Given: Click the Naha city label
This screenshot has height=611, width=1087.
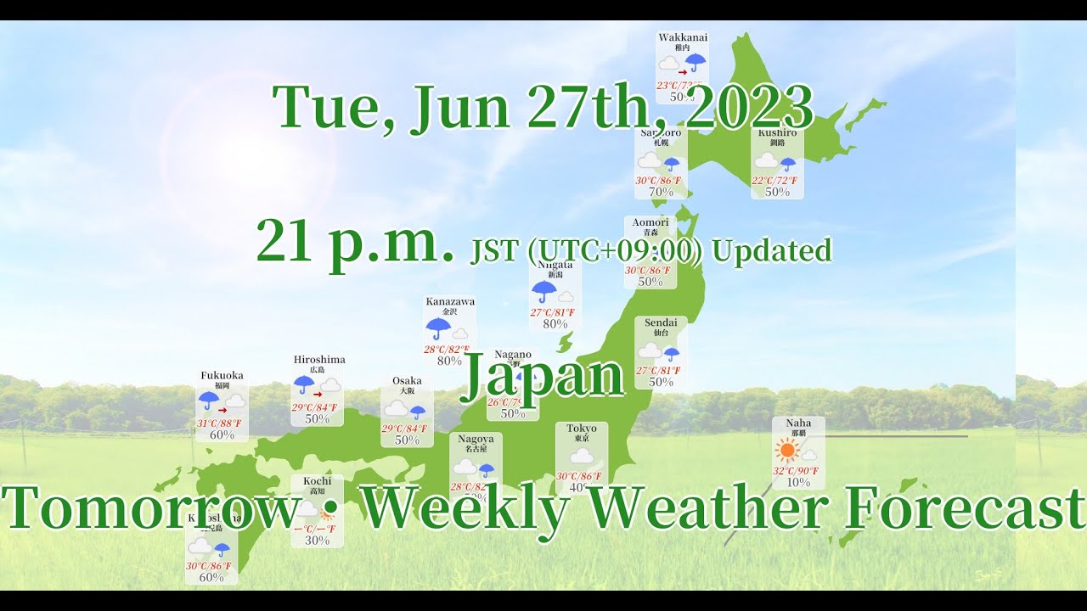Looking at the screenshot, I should coord(798,423).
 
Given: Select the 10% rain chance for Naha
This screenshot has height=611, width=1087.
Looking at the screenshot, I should coord(798,482).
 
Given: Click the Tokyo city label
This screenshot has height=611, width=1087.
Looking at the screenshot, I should coord(582,428).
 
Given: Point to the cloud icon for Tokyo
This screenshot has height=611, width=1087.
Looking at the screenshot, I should coord(582,457).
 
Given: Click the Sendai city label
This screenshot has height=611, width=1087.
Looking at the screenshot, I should coord(661,322).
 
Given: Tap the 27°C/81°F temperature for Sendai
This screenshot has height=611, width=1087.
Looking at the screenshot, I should coord(658,370).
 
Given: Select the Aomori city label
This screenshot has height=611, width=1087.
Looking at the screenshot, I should coord(651,222).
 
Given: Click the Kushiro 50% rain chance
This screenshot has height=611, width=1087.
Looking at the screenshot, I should coord(777,192).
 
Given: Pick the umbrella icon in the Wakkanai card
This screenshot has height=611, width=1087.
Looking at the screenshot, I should coord(696,62).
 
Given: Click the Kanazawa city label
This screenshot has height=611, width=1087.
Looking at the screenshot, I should coord(450,301).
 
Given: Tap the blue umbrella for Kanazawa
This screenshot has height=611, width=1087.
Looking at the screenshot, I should coord(438,328).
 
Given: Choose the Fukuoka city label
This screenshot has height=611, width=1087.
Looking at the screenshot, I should coord(222,375).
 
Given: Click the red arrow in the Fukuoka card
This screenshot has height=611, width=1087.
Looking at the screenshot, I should coord(222,411).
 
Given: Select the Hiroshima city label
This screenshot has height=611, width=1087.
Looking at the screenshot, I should coord(319,360).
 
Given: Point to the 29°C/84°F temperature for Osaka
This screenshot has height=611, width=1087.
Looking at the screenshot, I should coord(404,429).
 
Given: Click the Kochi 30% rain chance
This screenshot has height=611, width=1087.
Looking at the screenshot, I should coord(317,541).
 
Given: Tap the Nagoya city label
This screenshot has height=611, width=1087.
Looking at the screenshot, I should coord(476,439).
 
